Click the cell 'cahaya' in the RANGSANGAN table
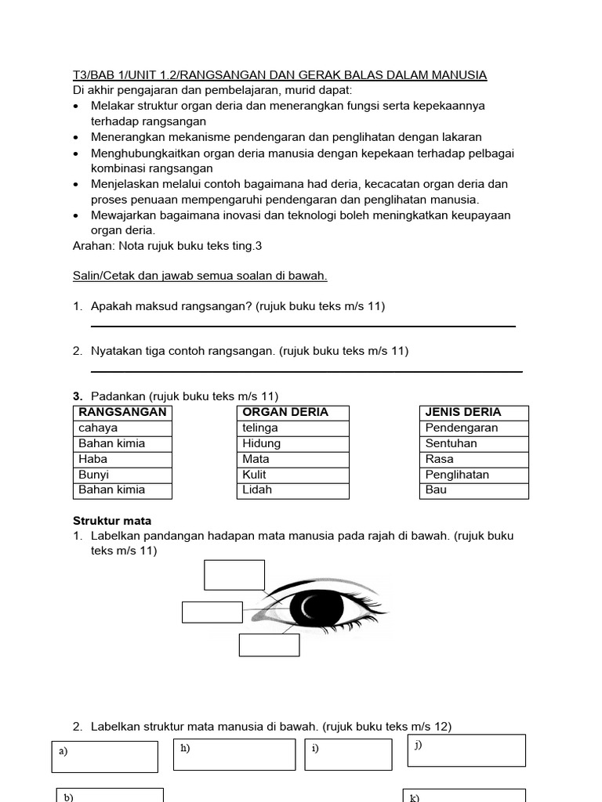pos(122,428)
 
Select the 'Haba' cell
pos(122,459)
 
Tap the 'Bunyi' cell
pos(122,475)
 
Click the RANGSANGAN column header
pos(122,412)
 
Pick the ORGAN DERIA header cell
pos(292,412)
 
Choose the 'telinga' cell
pos(292,428)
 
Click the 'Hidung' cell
pos(292,443)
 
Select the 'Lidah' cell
pos(292,490)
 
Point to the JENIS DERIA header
pos(473,412)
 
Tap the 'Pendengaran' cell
pos(473,428)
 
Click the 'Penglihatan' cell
pos(473,475)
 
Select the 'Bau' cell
pos(473,490)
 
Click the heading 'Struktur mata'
pos(112,521)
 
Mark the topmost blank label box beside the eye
pos(234,574)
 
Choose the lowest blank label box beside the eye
pos(269,645)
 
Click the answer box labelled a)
pos(105,757)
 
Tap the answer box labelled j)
pos(466,750)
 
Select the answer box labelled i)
pos(348,754)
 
